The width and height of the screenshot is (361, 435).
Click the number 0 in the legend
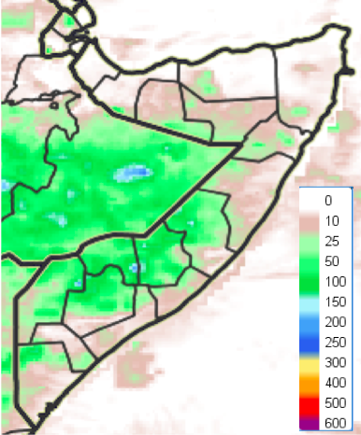point(329,201)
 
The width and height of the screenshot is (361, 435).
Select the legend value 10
point(329,220)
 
